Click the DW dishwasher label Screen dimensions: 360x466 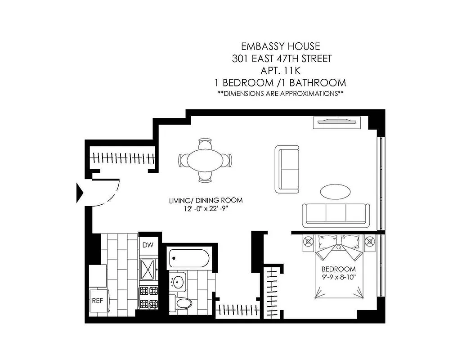pos(148,245)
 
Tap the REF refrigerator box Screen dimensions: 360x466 pos(97,301)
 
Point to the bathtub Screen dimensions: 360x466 pos(189,259)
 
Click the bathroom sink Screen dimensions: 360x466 pos(179,282)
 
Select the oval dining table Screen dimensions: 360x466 pos(205,160)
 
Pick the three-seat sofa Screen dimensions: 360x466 pos(336,214)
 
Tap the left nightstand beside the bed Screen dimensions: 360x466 pos(309,241)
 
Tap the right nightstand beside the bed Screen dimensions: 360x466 pos(370,241)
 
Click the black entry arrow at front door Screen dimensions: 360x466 pos(80,193)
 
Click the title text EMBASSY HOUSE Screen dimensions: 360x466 pos(281,46)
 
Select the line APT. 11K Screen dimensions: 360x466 pos(281,71)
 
